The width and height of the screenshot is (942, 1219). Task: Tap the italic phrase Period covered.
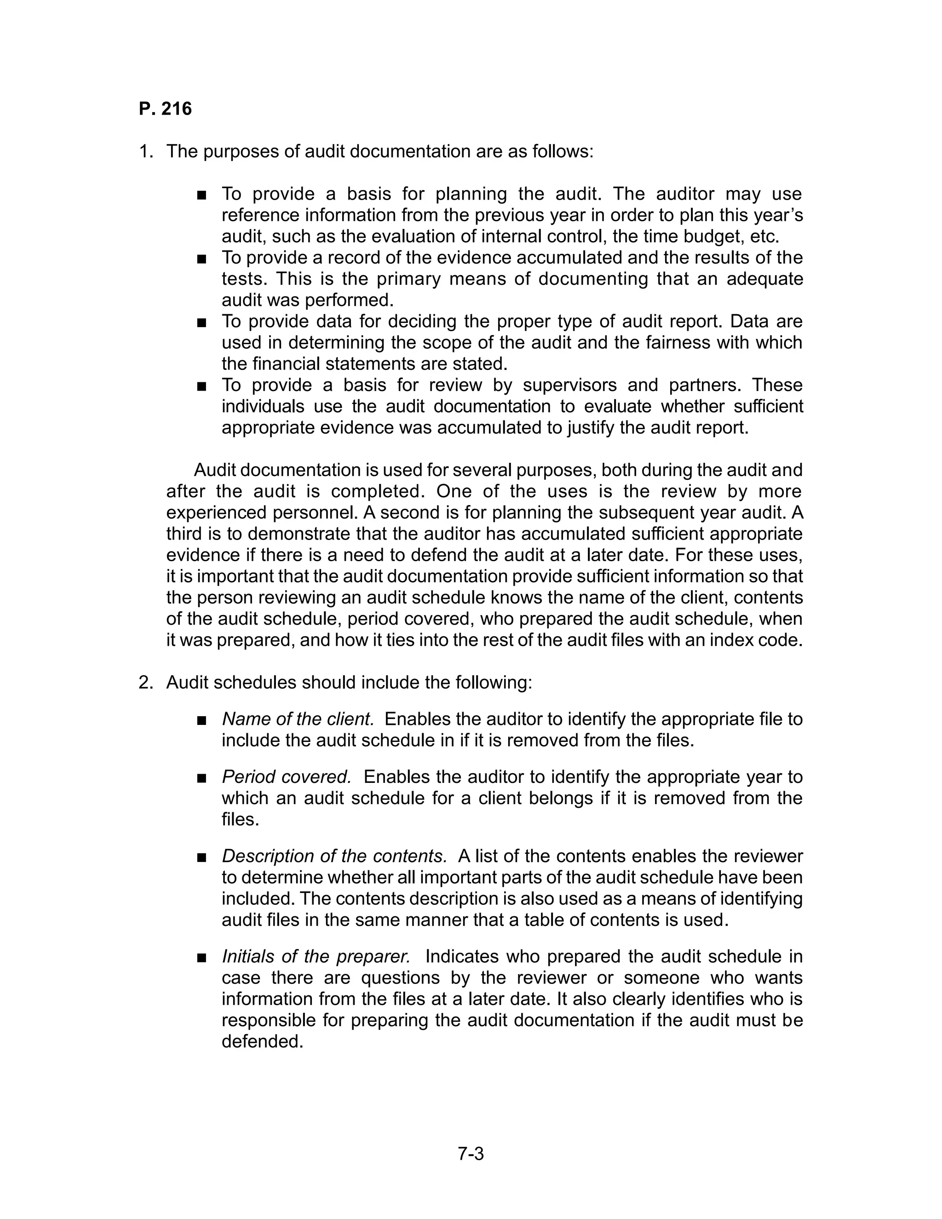coord(286,777)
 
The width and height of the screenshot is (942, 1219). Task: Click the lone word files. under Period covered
coord(241,820)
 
